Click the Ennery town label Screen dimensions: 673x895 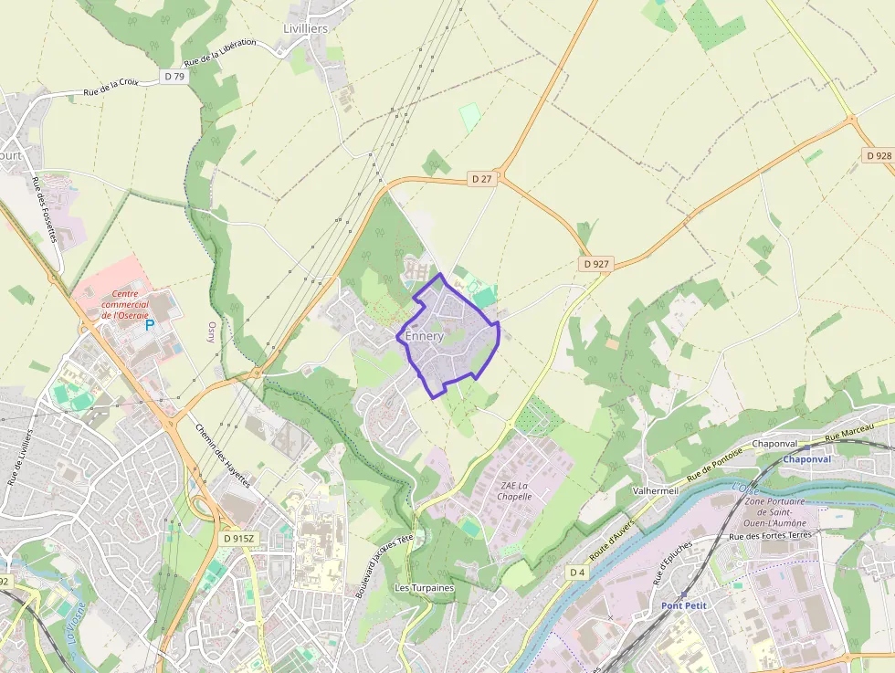(x=425, y=336)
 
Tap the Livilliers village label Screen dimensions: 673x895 (x=305, y=28)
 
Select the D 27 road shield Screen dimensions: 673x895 (x=481, y=179)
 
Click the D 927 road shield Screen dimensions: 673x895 (x=595, y=264)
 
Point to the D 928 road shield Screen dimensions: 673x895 (x=878, y=156)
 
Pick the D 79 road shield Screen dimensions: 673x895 (x=174, y=77)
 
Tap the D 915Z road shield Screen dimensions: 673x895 (x=237, y=539)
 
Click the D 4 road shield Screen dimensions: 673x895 (x=576, y=572)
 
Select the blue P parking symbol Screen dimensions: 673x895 (x=150, y=324)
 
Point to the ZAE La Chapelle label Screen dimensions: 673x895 (x=516, y=490)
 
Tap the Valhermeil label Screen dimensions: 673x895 (x=655, y=490)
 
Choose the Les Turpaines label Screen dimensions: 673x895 (x=424, y=588)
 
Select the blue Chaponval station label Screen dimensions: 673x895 (x=806, y=459)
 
